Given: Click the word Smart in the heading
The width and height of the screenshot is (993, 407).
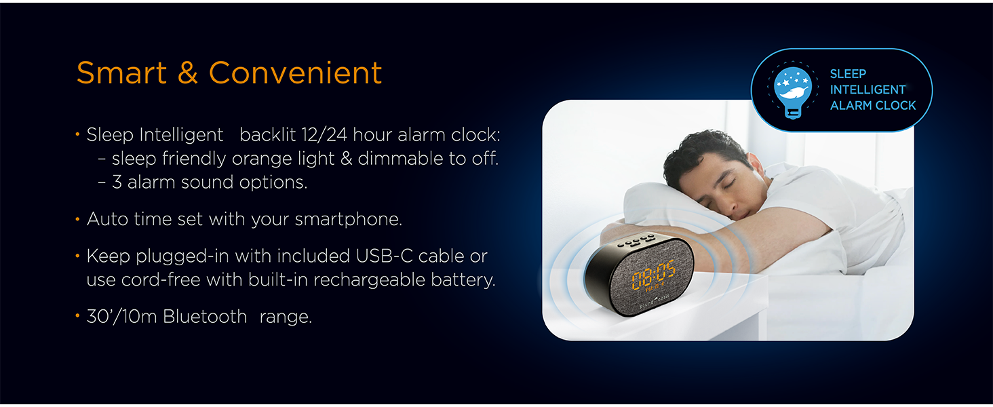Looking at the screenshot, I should [x=121, y=73].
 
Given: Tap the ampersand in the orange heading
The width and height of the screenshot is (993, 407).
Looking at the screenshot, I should [x=188, y=73].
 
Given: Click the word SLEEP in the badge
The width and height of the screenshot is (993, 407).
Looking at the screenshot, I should [x=848, y=74].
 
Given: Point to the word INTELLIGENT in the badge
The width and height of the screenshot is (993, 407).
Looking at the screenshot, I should [x=868, y=90].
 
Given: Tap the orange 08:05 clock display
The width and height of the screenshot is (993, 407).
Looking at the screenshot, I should [x=653, y=273].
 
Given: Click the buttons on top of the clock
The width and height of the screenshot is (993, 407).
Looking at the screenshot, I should [x=637, y=240].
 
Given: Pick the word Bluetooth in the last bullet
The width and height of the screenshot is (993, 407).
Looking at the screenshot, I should [x=205, y=317].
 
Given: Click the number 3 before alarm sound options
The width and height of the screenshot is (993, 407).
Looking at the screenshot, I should [x=117, y=182].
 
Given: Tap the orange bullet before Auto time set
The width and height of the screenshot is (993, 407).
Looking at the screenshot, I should [x=78, y=219].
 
